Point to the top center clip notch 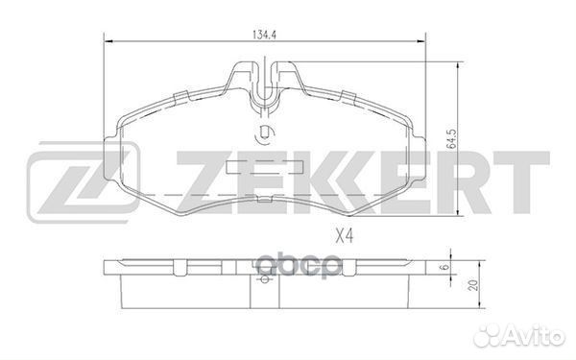(x=265, y=77)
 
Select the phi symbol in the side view (x=263, y=281)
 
